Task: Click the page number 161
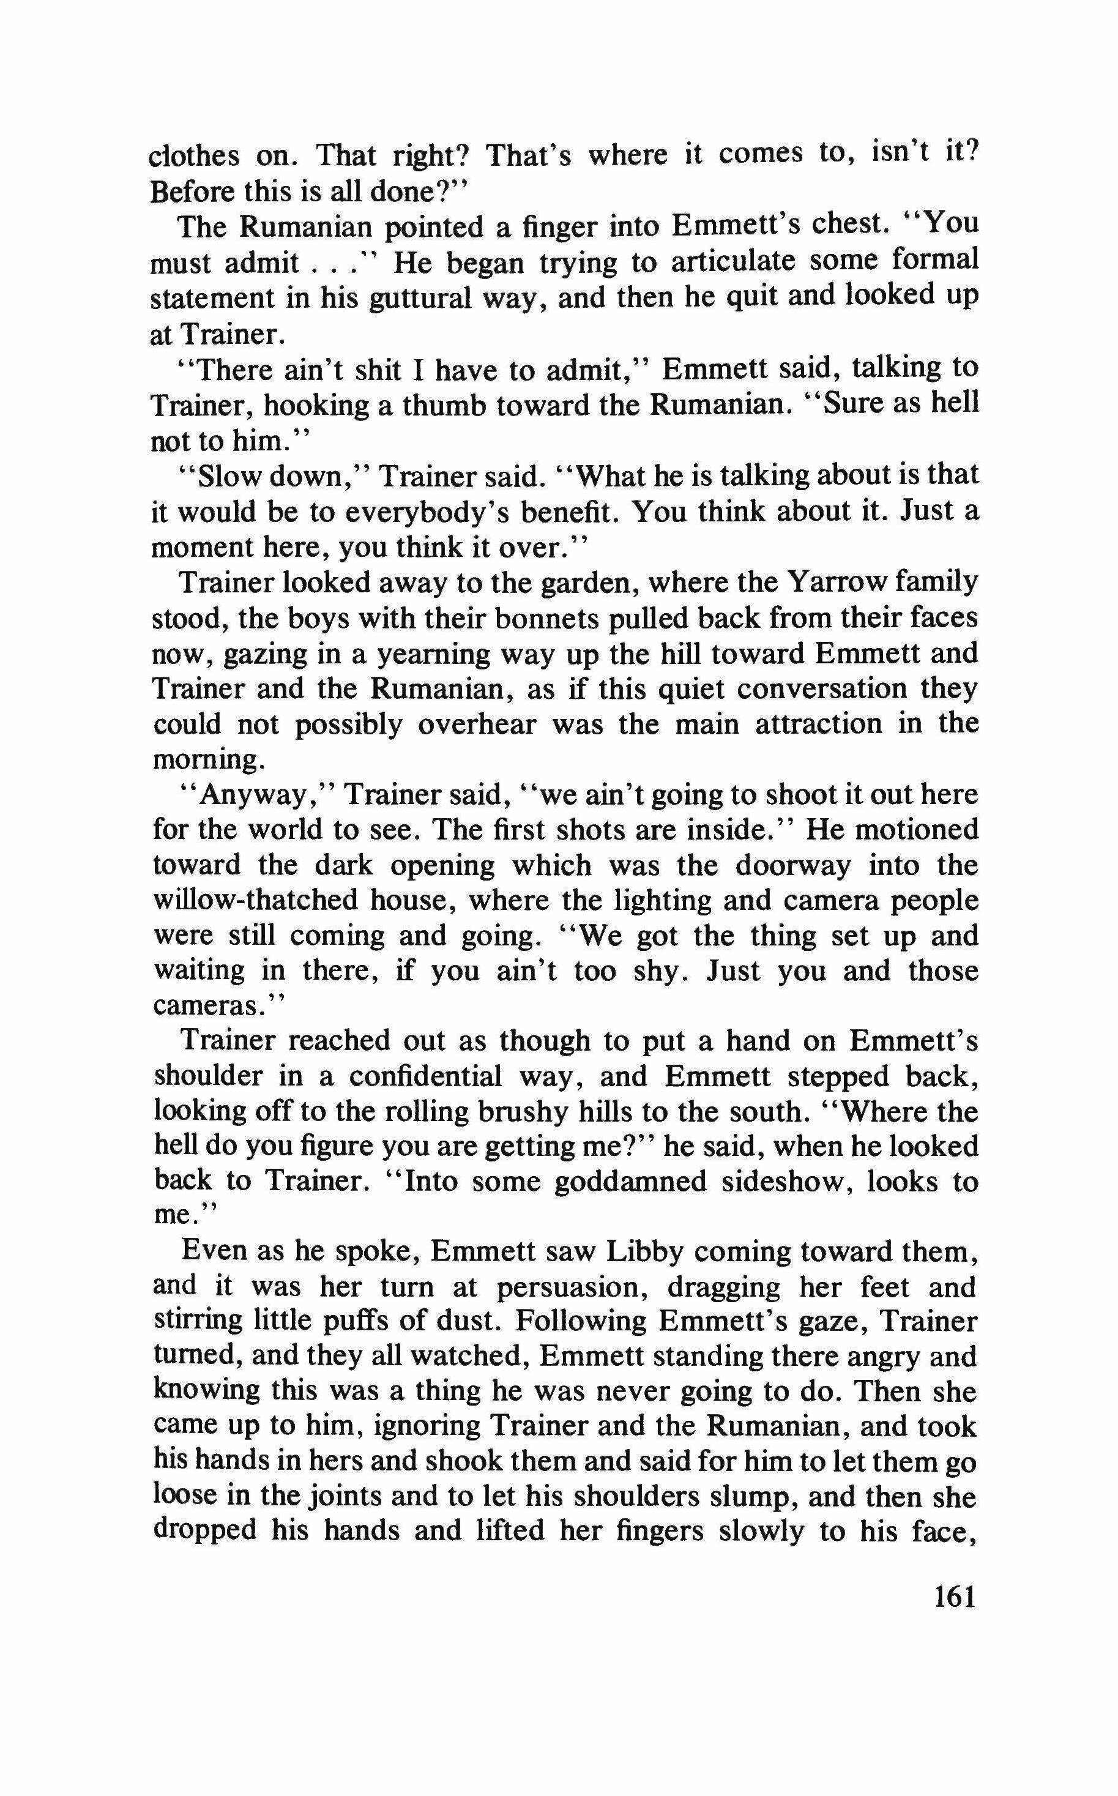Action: coord(955,1597)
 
